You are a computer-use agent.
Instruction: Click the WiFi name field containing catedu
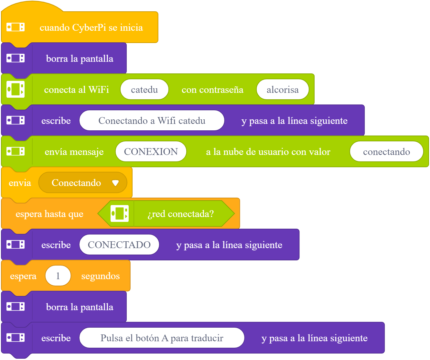coord(145,89)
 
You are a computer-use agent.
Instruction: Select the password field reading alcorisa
coord(283,89)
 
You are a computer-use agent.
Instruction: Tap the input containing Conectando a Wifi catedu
coord(152,121)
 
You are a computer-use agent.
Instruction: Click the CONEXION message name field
coord(151,151)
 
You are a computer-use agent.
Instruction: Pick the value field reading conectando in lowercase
coord(386,151)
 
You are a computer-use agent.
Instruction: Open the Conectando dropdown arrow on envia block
coord(115,182)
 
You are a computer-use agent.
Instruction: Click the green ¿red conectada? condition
coord(166,214)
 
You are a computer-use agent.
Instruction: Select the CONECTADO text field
coord(119,245)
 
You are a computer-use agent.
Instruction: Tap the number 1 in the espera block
coord(58,276)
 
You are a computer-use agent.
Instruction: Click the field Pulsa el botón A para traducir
coord(162,338)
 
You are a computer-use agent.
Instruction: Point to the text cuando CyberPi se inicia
coord(91,27)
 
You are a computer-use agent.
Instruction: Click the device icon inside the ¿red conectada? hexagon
coord(120,213)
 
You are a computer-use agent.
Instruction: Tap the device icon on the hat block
coord(16,27)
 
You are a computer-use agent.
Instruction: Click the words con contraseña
coord(212,90)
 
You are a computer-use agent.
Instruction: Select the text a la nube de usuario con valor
coord(268,152)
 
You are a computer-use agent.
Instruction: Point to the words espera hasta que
coord(49,214)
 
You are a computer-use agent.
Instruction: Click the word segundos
coord(101,276)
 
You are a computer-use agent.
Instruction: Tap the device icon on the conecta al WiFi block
coord(16,89)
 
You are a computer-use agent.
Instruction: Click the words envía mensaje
coord(74,152)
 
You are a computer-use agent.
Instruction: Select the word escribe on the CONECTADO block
coord(56,245)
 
